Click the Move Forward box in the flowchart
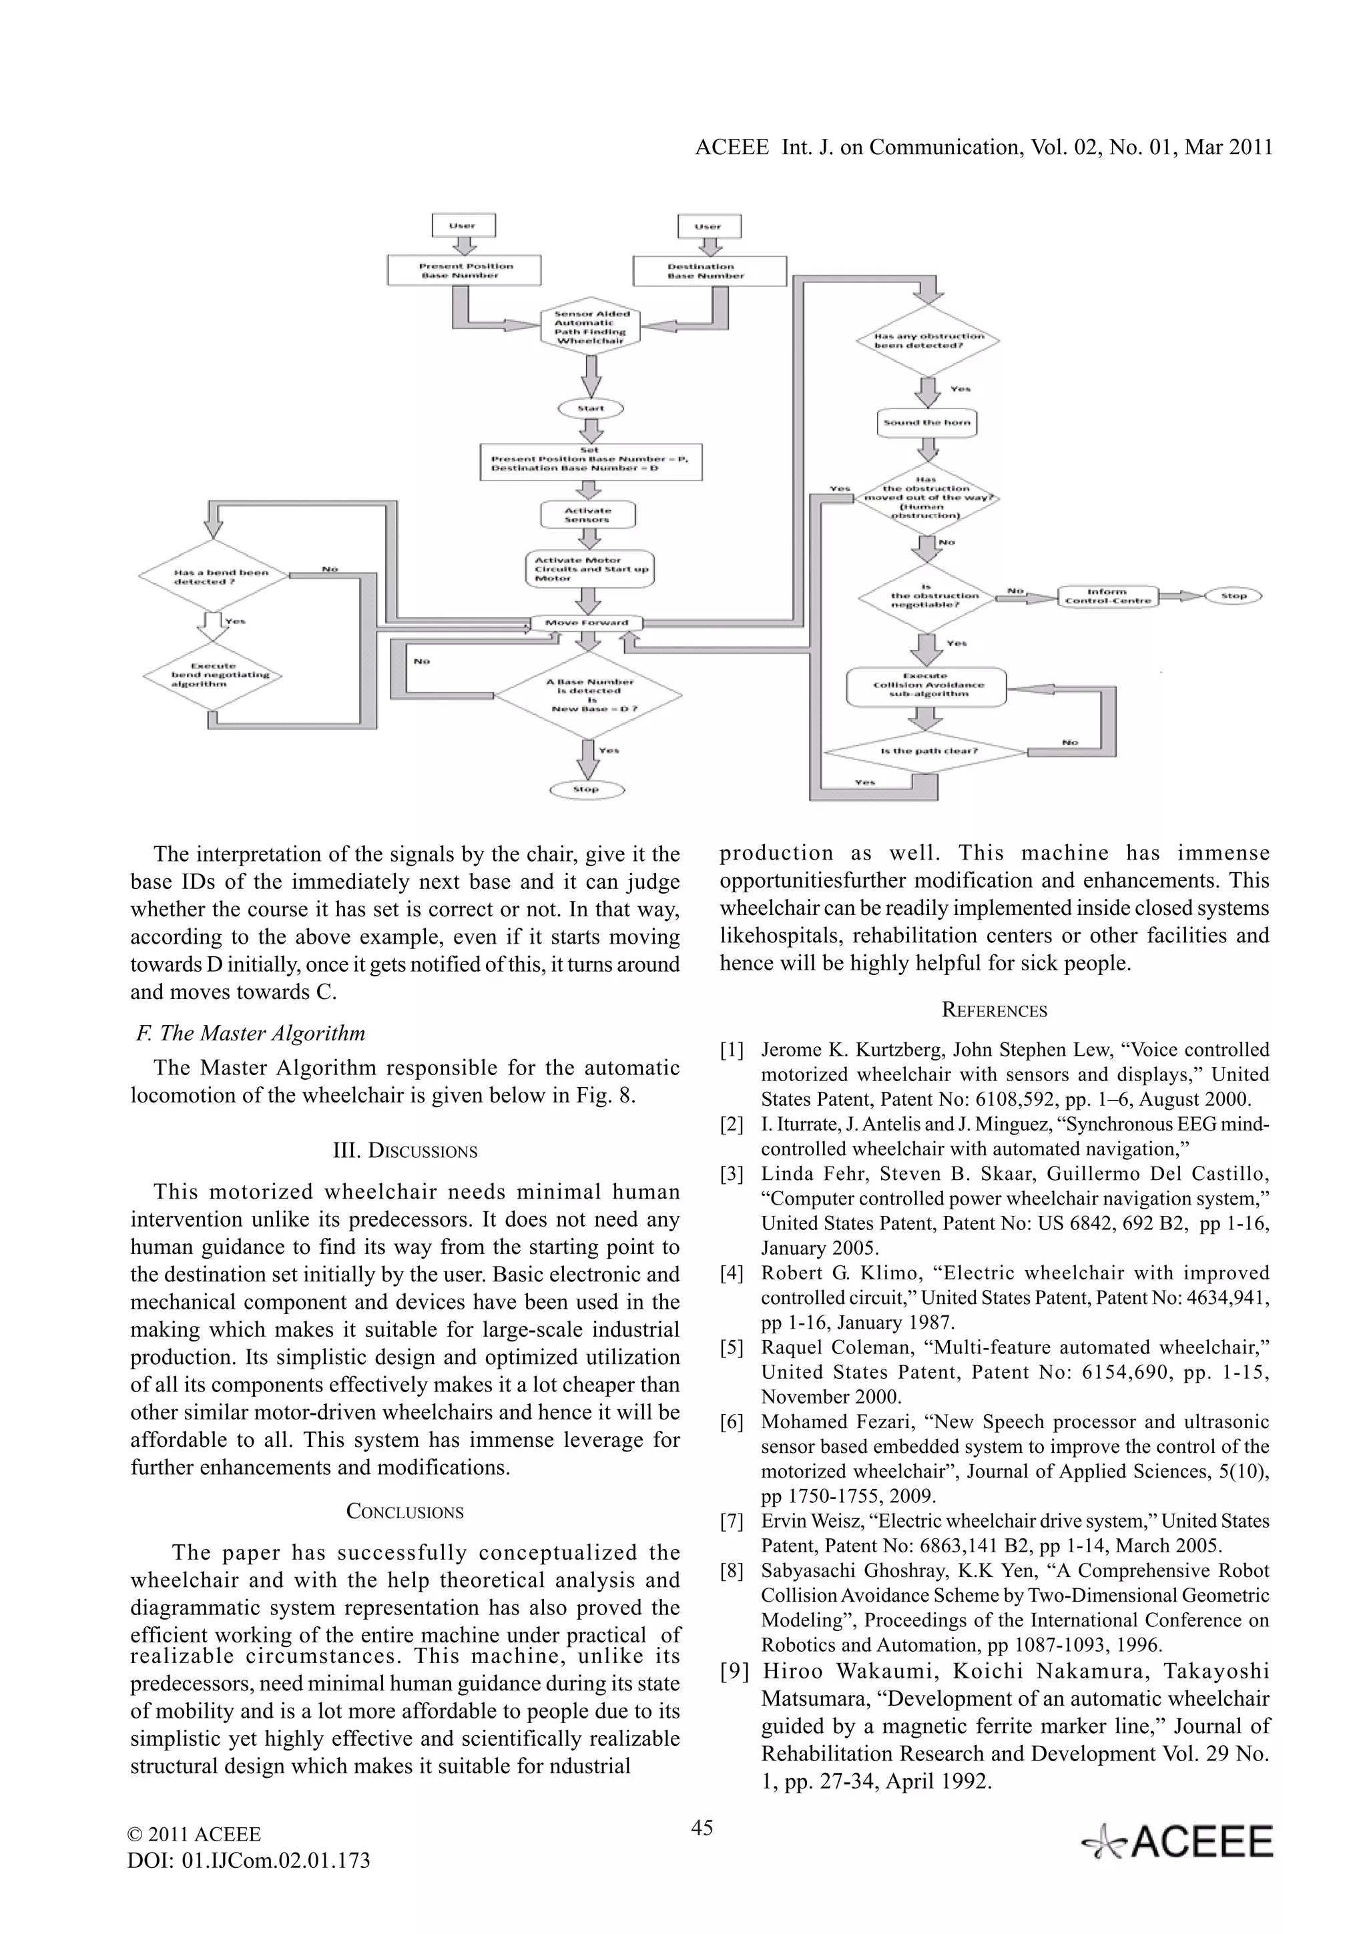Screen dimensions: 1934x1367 click(586, 623)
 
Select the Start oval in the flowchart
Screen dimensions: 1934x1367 click(591, 408)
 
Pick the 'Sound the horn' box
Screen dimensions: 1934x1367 click(926, 423)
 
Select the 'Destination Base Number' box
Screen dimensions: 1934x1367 click(709, 271)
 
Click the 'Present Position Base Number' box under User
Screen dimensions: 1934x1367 click(464, 271)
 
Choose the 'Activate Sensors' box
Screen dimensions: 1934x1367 click(587, 515)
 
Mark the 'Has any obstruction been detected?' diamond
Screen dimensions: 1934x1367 click(927, 341)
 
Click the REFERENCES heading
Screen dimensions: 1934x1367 click(994, 1011)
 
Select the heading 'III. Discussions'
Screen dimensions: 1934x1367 click(405, 1151)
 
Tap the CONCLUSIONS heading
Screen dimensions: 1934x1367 click(405, 1512)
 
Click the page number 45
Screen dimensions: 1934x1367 click(702, 1827)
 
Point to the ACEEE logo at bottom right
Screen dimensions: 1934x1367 click(1177, 1842)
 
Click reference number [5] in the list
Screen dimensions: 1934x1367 click(731, 1348)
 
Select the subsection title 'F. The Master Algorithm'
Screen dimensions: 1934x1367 click(251, 1034)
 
